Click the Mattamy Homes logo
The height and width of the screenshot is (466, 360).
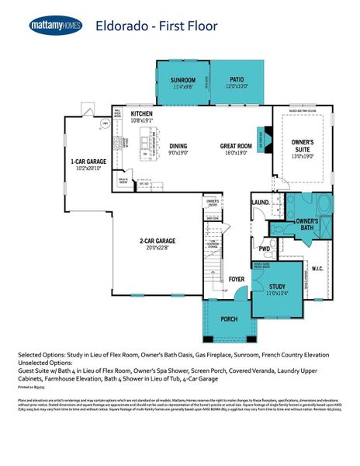click(56, 26)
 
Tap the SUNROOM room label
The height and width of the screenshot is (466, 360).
click(182, 79)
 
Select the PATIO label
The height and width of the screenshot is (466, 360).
click(237, 79)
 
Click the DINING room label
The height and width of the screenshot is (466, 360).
click(178, 145)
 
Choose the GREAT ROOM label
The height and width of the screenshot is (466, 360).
click(234, 145)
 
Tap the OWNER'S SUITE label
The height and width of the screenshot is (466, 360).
click(302, 145)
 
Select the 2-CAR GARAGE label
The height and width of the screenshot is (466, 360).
click(157, 241)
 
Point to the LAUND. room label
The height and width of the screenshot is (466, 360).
click(260, 203)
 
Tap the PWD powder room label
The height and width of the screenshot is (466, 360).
click(265, 249)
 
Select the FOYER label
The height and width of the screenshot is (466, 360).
click(236, 278)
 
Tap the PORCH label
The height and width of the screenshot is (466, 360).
click(229, 318)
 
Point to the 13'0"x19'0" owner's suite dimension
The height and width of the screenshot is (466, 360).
click(302, 156)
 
